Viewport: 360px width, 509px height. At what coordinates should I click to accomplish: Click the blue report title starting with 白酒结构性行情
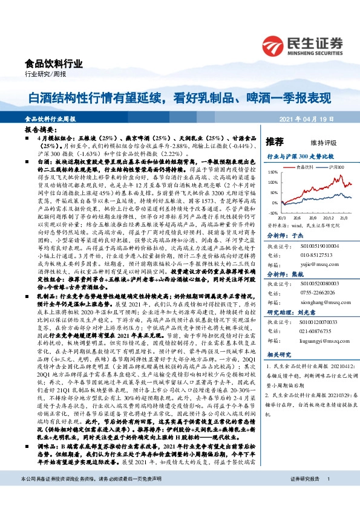tap(180, 97)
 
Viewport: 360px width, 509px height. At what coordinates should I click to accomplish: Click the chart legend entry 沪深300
tap(333, 166)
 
